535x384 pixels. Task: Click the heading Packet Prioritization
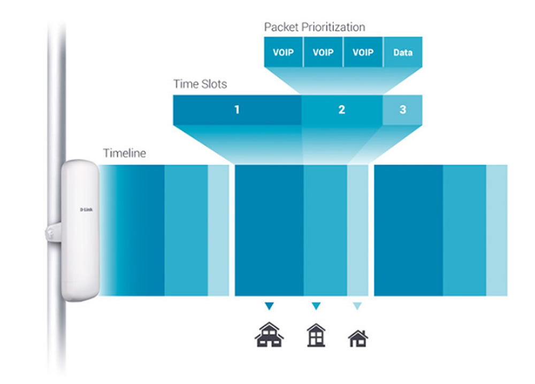pyautogui.click(x=315, y=27)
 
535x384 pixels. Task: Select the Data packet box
pyautogui.click(x=403, y=52)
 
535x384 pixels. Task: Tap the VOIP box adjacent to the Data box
pyautogui.click(x=363, y=52)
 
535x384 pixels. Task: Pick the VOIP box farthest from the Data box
pyautogui.click(x=283, y=52)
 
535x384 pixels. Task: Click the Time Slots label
pyautogui.click(x=200, y=84)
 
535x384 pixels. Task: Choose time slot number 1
pyautogui.click(x=237, y=110)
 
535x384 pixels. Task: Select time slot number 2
pyautogui.click(x=342, y=110)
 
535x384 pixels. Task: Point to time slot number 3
pyautogui.click(x=403, y=110)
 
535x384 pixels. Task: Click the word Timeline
pyautogui.click(x=125, y=153)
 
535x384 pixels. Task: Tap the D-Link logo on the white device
pyautogui.click(x=86, y=210)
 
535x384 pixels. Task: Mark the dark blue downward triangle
pyautogui.click(x=269, y=306)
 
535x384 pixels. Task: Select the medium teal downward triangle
pyautogui.click(x=316, y=306)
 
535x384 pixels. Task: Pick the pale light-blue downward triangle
pyautogui.click(x=357, y=306)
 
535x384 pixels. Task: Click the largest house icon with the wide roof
pyautogui.click(x=269, y=335)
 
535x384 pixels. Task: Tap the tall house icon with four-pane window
pyautogui.click(x=316, y=335)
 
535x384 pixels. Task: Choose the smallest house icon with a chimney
pyautogui.click(x=358, y=339)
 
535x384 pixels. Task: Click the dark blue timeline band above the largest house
pyautogui.click(x=269, y=230)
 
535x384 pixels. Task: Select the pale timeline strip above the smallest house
pyautogui.click(x=358, y=230)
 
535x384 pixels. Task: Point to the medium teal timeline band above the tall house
pyautogui.click(x=325, y=230)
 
